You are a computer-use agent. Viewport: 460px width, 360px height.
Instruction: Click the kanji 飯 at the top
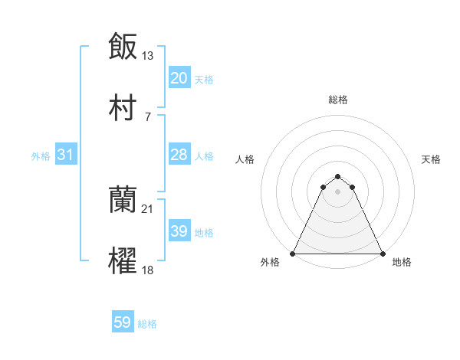123,47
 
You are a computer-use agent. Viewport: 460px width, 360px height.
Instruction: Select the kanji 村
123,109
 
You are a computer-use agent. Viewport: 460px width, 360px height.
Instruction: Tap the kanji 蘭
123,201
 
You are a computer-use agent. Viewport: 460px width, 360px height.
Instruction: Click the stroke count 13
148,55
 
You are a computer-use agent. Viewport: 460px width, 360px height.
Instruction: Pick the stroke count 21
148,208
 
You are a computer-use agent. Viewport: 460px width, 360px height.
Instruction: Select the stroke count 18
148,270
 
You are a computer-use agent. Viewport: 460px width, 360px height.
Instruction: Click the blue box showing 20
179,78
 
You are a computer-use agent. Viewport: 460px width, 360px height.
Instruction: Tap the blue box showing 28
179,155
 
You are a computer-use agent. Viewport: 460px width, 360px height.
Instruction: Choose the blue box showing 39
179,231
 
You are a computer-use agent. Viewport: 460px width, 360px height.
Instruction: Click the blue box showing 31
66,155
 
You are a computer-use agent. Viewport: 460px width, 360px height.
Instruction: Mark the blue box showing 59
123,323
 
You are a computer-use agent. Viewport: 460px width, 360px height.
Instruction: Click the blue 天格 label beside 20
204,79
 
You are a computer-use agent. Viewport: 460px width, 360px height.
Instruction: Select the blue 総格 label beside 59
147,324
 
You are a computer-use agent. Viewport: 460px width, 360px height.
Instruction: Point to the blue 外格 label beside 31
41,155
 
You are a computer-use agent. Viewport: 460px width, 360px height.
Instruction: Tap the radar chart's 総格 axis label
337,100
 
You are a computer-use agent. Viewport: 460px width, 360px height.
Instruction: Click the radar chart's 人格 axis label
245,159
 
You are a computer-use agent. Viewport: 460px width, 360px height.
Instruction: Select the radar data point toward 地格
382,254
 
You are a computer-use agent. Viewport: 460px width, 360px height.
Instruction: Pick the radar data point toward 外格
293,254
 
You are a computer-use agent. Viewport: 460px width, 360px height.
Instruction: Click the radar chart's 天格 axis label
432,159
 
